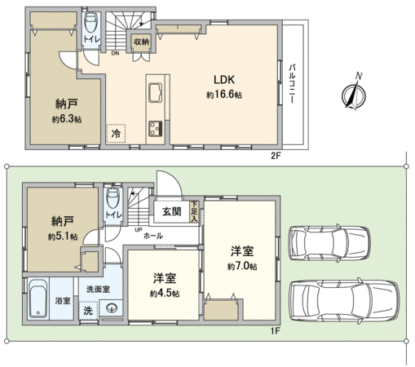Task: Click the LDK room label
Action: coord(224,80)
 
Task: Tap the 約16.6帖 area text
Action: coord(224,95)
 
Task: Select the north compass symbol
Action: coord(354,93)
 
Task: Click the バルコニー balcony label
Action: coord(292,83)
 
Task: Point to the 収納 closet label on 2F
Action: coord(141,42)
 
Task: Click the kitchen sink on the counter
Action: coord(156,92)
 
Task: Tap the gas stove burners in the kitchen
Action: coord(156,129)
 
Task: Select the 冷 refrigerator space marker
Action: coord(116,134)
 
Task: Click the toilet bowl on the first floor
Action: coord(113,198)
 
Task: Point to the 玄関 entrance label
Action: coord(172,211)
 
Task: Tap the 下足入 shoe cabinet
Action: coord(194,211)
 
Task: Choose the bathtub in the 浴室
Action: coord(38,298)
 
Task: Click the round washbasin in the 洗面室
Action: coord(112,308)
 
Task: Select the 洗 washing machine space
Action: coord(88,311)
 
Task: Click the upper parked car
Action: coord(329,243)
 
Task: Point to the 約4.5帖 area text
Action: coord(165,294)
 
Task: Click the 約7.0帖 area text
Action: coord(242,267)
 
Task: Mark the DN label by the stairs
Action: coord(115,53)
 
